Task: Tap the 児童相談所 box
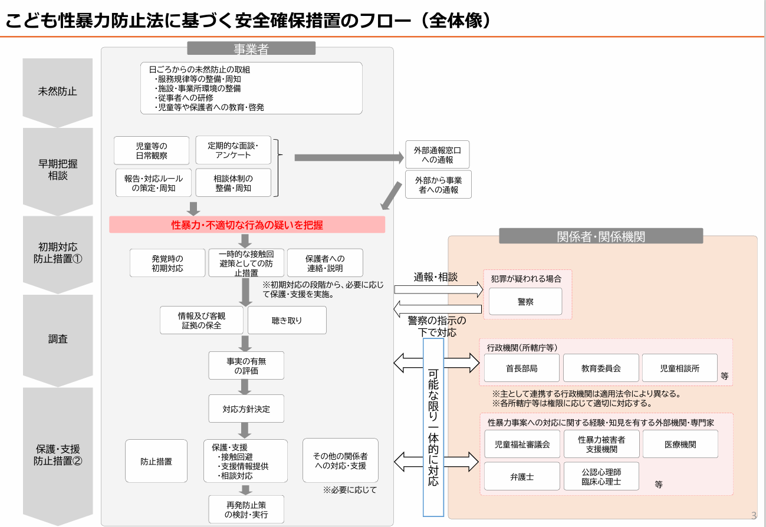679,368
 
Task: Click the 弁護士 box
522,476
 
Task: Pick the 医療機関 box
680,444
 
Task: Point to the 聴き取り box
287,321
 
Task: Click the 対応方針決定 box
246,409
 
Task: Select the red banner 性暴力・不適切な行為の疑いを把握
247,225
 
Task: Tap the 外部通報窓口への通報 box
438,154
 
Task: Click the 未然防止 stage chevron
58,91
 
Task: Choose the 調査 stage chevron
58,339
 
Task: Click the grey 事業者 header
251,49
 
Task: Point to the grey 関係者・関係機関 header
601,236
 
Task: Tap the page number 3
754,516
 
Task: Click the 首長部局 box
522,368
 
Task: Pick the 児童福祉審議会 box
522,444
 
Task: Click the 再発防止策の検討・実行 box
246,509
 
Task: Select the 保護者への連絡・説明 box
325,263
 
